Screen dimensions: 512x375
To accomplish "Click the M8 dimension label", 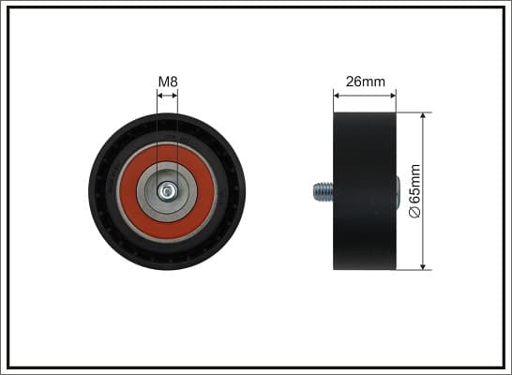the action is [168, 82].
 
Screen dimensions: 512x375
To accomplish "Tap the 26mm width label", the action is [366, 82].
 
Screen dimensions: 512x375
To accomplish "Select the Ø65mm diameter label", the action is [414, 191].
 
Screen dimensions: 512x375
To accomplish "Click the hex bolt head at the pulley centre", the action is [167, 191].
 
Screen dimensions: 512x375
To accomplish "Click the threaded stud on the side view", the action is [323, 191].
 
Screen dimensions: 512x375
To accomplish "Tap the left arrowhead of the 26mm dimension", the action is [337, 96].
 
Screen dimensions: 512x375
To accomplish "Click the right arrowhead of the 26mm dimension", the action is [393, 96].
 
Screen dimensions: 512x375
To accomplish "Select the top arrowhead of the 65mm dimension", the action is [423, 116].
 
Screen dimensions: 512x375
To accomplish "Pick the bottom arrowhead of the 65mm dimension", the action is [423, 266].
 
